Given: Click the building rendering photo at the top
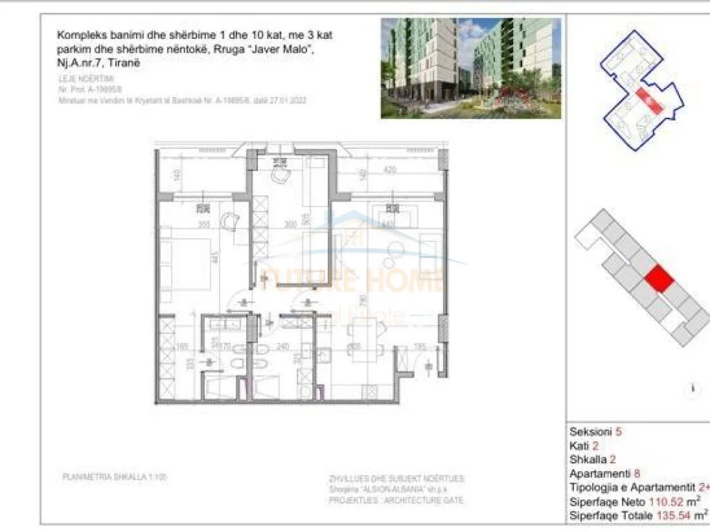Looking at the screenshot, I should [471, 68].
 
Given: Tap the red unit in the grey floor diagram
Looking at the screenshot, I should [658, 281].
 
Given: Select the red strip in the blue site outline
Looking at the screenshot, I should [648, 101].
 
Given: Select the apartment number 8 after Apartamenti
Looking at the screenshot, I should [637, 474].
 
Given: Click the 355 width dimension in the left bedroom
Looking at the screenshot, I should [202, 224].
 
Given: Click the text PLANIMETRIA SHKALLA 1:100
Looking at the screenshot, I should [114, 477].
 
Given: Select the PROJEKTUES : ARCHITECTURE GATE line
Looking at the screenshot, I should [397, 500].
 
